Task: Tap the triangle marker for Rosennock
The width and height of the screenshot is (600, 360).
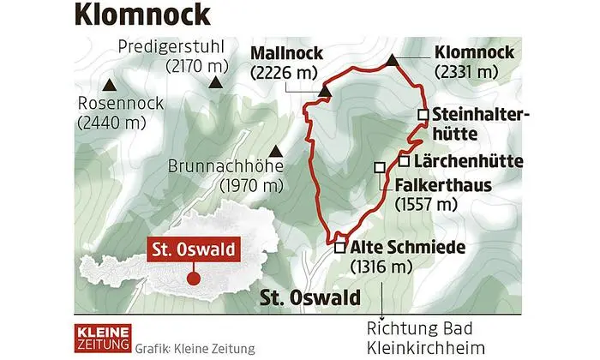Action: click(x=109, y=85)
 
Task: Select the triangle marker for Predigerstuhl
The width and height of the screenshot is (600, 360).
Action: click(x=215, y=82)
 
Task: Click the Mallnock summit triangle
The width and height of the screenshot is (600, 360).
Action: click(x=325, y=89)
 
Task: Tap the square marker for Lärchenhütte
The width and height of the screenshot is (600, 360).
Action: click(x=404, y=160)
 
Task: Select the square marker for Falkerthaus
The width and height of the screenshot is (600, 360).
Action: click(x=380, y=168)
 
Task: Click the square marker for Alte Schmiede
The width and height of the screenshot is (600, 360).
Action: click(x=340, y=248)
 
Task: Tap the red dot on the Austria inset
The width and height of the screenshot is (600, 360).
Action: click(x=193, y=279)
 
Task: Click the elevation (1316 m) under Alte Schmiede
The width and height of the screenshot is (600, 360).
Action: click(x=381, y=267)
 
